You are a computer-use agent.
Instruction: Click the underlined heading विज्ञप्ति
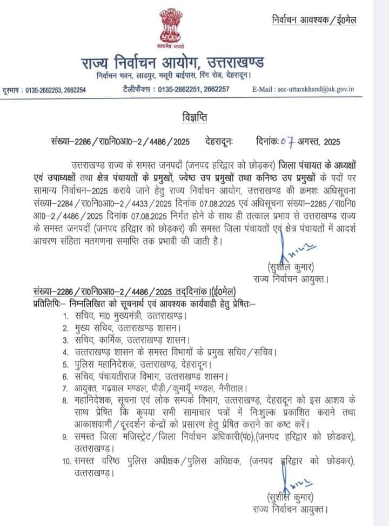[x=194, y=117]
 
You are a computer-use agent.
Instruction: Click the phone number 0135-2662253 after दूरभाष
[x=44, y=90]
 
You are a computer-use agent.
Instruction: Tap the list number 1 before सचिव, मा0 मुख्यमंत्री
[x=65, y=315]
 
